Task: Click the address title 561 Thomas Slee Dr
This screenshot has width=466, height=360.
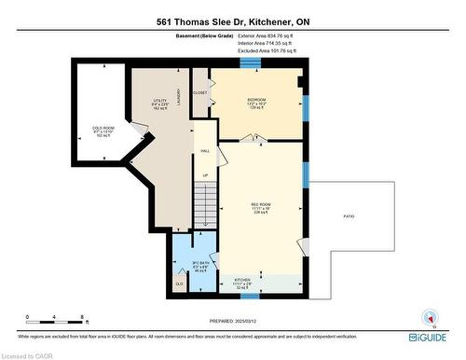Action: (233, 20)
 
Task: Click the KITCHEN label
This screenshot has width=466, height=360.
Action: (242, 280)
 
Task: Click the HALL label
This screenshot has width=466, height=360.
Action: (205, 151)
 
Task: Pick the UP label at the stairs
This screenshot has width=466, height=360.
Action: (205, 173)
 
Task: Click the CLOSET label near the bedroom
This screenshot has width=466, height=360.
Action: (200, 93)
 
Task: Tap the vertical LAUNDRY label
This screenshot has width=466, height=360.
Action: (179, 98)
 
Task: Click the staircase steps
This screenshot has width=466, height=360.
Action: (205, 206)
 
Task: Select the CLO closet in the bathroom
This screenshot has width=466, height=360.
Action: (179, 282)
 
